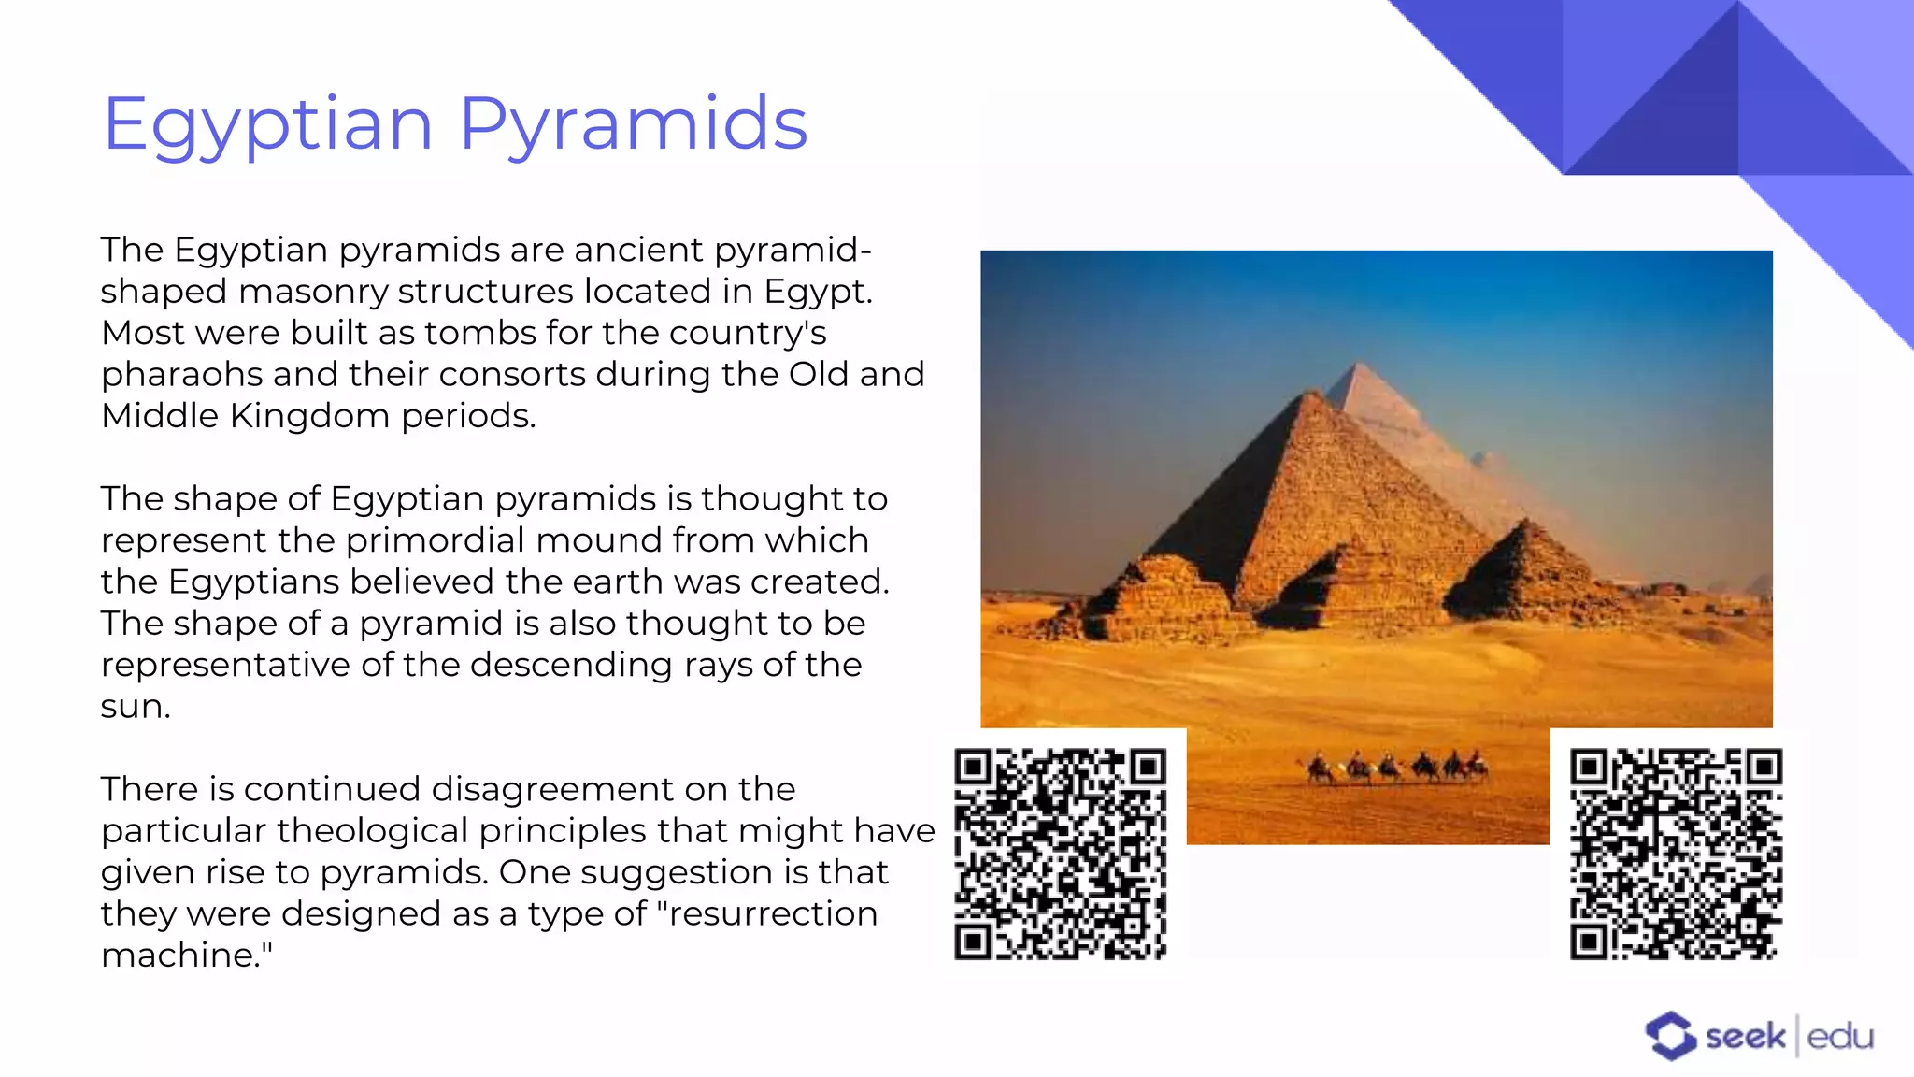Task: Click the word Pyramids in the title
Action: [x=633, y=123]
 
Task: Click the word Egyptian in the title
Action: [x=267, y=125]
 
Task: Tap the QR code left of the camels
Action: [x=1060, y=854]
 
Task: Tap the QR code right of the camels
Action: [x=1676, y=854]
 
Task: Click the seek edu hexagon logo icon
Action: [x=1670, y=1036]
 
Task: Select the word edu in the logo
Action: [x=1839, y=1037]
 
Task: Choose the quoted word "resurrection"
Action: [x=768, y=913]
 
